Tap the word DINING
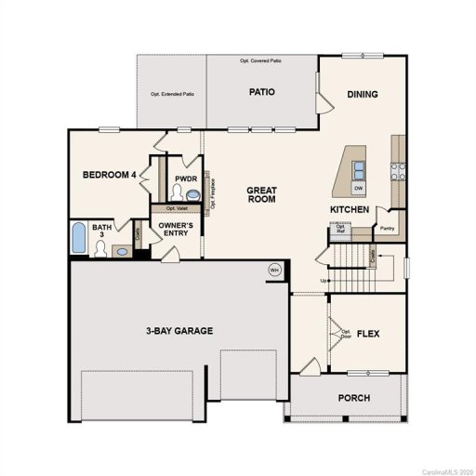tap(363, 94)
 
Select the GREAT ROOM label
tap(261, 194)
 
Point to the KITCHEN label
tap(350, 210)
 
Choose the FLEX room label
tap(369, 333)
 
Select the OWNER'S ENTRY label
tap(175, 229)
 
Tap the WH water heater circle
tap(274, 269)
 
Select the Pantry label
tap(385, 227)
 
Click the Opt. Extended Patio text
tap(172, 94)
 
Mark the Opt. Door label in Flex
tap(346, 334)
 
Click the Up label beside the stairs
tap(324, 281)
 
